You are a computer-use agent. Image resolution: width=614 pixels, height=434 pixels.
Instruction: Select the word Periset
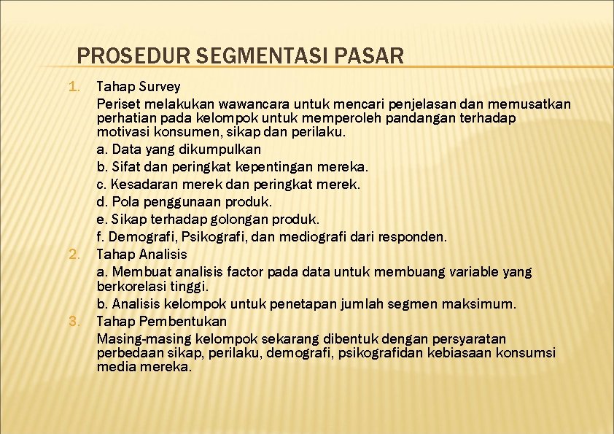pos(118,104)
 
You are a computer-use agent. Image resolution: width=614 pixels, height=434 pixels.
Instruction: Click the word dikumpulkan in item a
pos(219,149)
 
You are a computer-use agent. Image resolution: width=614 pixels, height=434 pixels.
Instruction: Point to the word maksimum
pos(484,303)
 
